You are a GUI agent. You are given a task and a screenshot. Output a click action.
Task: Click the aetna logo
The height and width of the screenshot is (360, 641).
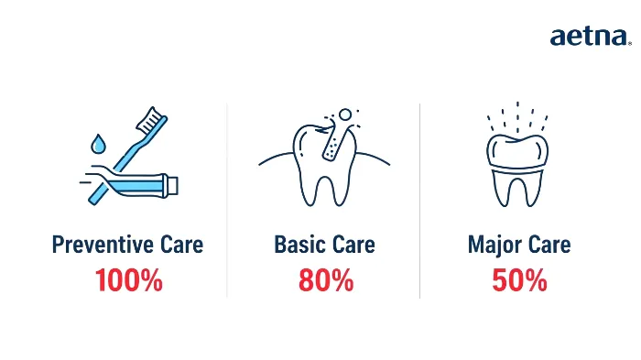pos(590,37)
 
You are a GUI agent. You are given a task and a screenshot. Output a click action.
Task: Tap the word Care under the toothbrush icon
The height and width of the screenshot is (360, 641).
pos(179,245)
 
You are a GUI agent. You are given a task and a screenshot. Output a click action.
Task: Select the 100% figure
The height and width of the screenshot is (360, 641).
pos(127,280)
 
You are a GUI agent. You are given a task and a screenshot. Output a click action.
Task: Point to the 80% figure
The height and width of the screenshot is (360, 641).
pos(325,280)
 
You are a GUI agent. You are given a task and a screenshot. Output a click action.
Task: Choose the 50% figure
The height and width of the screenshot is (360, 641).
pos(519,280)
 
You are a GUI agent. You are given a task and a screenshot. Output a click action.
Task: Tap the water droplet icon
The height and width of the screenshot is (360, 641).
pos(98,145)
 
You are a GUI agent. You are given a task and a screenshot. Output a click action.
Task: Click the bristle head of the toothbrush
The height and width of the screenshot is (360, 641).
pos(151,117)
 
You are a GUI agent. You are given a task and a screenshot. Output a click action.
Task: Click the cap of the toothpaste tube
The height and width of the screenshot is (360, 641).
pos(173,186)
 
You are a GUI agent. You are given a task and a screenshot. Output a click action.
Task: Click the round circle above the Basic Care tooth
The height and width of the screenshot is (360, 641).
pos(345,115)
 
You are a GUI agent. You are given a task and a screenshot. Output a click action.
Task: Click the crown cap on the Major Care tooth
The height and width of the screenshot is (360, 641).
pos(518,148)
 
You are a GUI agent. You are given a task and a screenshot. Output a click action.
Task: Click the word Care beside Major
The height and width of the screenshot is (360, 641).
pos(548,245)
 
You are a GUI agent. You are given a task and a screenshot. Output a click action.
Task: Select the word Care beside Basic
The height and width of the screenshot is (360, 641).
pos(353,245)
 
